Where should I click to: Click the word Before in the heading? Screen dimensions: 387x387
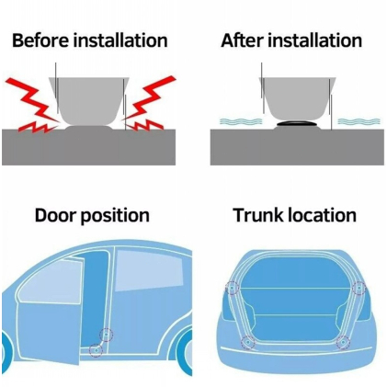(x=40, y=40)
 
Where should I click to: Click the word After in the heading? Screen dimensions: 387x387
(x=242, y=40)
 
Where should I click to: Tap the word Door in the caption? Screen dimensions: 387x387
(x=55, y=215)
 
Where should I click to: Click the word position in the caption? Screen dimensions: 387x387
(x=115, y=216)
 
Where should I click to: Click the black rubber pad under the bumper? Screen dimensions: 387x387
(x=296, y=123)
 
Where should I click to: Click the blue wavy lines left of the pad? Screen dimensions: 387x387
(x=241, y=121)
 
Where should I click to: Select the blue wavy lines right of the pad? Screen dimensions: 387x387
(x=359, y=121)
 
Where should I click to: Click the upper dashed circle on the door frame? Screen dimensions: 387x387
(x=107, y=335)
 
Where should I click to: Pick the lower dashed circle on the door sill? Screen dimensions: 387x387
(x=96, y=350)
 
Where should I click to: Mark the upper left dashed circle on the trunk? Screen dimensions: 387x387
(x=232, y=288)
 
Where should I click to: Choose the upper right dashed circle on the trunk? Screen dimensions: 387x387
(x=359, y=288)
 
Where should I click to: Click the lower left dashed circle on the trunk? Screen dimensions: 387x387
(x=247, y=342)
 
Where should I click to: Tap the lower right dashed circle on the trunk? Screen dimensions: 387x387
(x=343, y=342)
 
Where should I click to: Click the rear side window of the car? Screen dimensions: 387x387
(x=150, y=270)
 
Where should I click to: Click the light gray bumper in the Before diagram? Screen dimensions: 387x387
(x=89, y=100)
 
